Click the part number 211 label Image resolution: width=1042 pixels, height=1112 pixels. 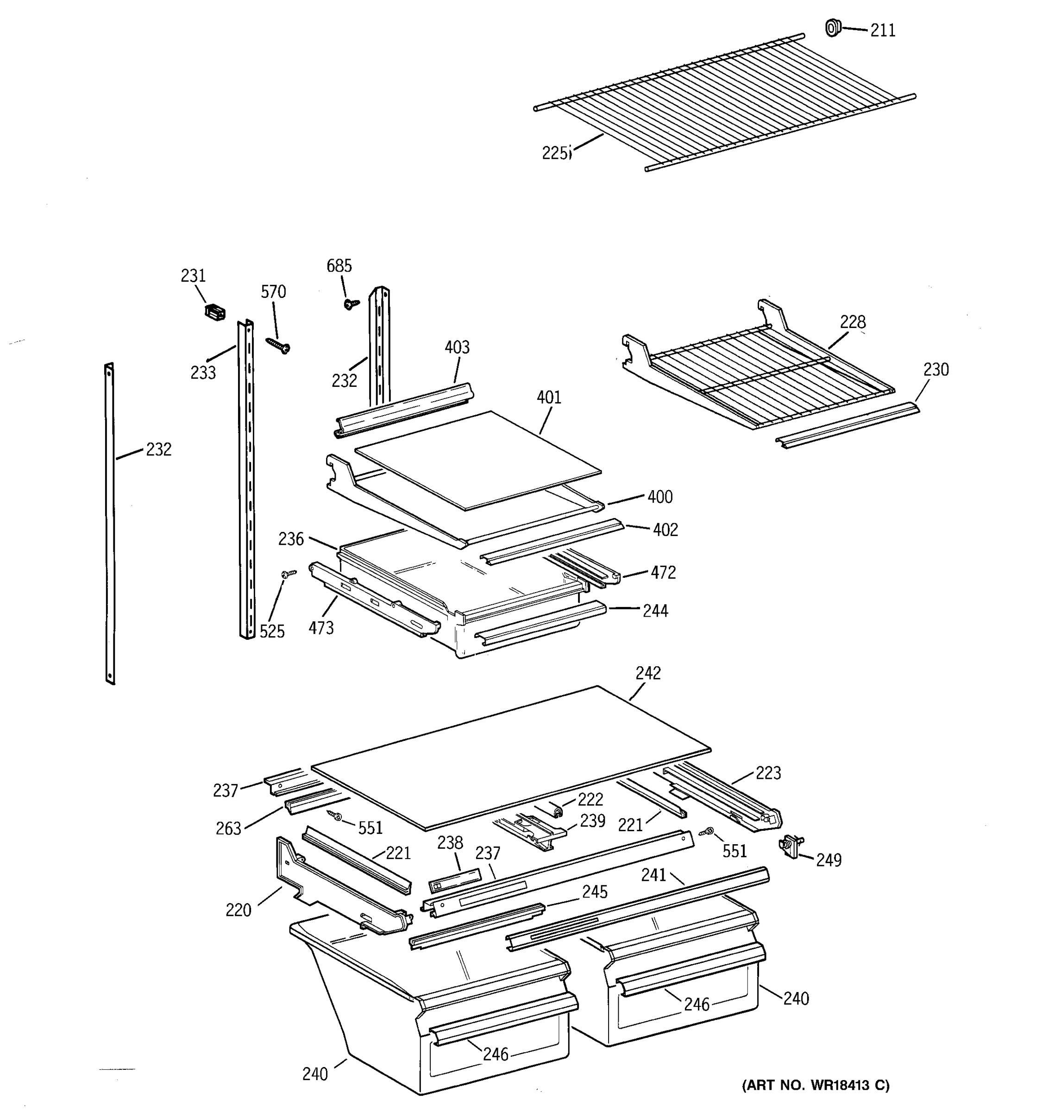tap(883, 30)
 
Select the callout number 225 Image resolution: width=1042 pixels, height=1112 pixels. tap(555, 153)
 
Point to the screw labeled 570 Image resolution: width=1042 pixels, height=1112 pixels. tap(278, 345)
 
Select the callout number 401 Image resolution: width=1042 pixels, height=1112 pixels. tap(548, 397)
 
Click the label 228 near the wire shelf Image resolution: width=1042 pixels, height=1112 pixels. tap(853, 322)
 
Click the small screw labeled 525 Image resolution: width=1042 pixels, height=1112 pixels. tap(289, 573)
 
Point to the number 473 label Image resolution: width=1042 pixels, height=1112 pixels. tap(321, 628)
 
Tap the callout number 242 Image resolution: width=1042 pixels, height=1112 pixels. tap(648, 673)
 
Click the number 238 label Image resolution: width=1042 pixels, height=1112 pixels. tap(450, 842)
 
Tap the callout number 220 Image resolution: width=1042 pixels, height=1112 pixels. tap(238, 910)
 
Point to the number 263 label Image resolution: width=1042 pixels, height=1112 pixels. tap(228, 828)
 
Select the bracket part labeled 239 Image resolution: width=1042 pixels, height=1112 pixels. tap(534, 829)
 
